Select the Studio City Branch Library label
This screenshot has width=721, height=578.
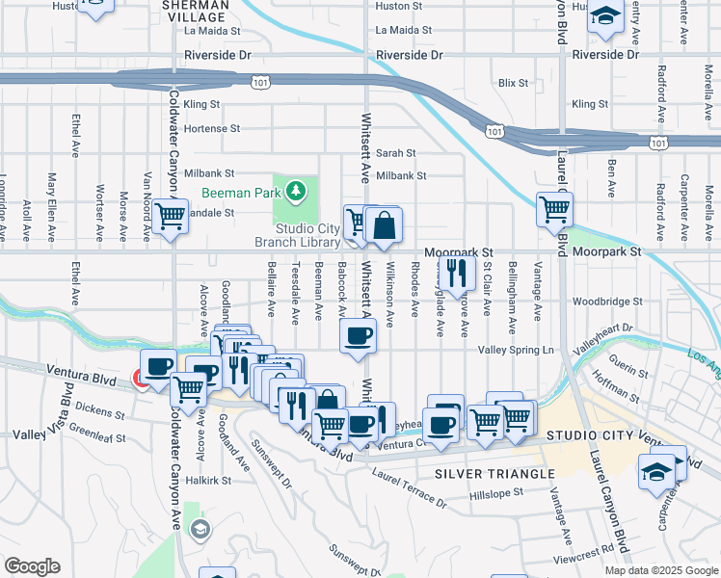pos(307,235)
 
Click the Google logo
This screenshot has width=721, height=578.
pos(32,566)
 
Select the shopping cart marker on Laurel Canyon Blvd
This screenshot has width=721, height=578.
pos(554,207)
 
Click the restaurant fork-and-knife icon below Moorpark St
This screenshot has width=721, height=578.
pos(456,272)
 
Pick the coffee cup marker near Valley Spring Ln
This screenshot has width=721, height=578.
pos(359,336)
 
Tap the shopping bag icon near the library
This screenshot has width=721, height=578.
pos(384,226)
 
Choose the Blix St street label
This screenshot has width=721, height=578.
pos(513,83)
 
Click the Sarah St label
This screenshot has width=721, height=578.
pos(395,152)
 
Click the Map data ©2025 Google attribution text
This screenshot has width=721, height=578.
pos(660,570)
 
